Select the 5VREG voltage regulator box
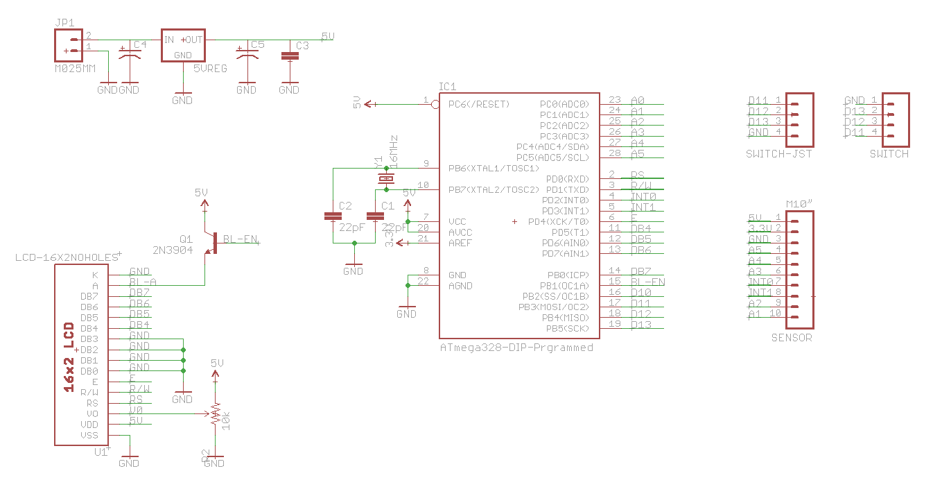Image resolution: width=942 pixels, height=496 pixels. [x=183, y=46]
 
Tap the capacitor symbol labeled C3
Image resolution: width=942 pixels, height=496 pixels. [x=290, y=57]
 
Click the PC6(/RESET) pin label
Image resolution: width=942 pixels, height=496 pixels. [x=479, y=104]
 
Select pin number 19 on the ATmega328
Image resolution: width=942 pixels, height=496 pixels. [x=614, y=324]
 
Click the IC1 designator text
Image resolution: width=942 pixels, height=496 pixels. [x=447, y=87]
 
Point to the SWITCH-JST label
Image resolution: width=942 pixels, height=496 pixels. [x=778, y=154]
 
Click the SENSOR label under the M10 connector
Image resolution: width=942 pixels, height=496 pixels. [x=791, y=338]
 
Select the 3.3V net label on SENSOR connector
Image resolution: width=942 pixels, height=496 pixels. [x=760, y=228]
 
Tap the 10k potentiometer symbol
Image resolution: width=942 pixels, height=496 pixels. [x=216, y=414]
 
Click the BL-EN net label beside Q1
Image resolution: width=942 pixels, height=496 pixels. [x=240, y=239]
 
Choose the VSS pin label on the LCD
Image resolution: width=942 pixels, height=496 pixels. [x=89, y=435]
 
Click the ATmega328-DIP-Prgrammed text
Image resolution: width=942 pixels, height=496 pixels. [x=516, y=347]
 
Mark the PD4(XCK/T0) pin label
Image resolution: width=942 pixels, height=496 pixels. [x=558, y=221]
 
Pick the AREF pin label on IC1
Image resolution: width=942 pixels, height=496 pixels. [x=460, y=243]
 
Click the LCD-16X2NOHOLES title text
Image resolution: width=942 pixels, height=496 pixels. [x=67, y=257]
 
